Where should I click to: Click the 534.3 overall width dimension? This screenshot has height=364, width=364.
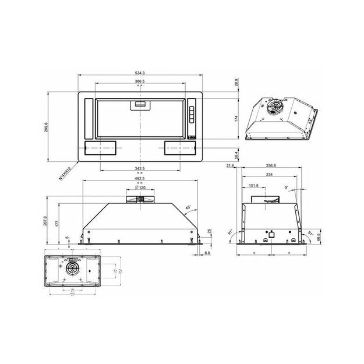click(x=140, y=73)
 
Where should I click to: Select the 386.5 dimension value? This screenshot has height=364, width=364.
click(x=140, y=82)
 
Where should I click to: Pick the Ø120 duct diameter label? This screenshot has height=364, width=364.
click(x=140, y=188)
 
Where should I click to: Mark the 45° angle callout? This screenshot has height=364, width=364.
click(x=188, y=208)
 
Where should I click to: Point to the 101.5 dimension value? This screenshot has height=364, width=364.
click(x=253, y=186)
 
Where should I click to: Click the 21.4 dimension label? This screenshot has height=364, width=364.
click(x=229, y=166)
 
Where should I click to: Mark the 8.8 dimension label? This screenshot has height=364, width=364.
click(x=208, y=253)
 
